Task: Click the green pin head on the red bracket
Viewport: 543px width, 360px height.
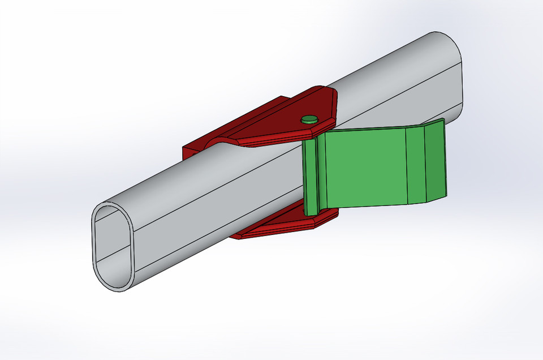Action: pyautogui.click(x=309, y=119)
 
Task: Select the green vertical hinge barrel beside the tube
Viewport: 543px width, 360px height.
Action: pyautogui.click(x=310, y=175)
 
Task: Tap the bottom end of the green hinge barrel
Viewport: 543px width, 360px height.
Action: pyautogui.click(x=311, y=212)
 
